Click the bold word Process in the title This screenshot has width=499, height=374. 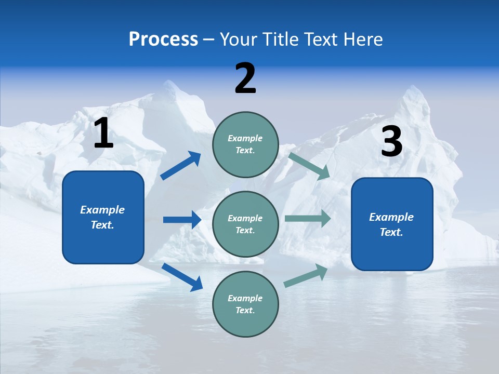click(163, 39)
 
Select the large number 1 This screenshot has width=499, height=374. click(103, 133)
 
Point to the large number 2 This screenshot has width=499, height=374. click(245, 78)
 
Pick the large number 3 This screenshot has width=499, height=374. click(391, 142)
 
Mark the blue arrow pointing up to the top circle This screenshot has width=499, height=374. click(181, 166)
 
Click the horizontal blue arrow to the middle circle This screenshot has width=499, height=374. click(182, 220)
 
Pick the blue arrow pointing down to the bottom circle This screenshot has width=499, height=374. click(182, 276)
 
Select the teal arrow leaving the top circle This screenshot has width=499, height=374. click(309, 166)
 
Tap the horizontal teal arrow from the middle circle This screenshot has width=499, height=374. click(307, 219)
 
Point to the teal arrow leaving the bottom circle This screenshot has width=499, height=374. click(306, 276)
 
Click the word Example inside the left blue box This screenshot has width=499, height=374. click(102, 210)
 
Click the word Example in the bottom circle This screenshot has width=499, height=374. click(245, 298)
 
